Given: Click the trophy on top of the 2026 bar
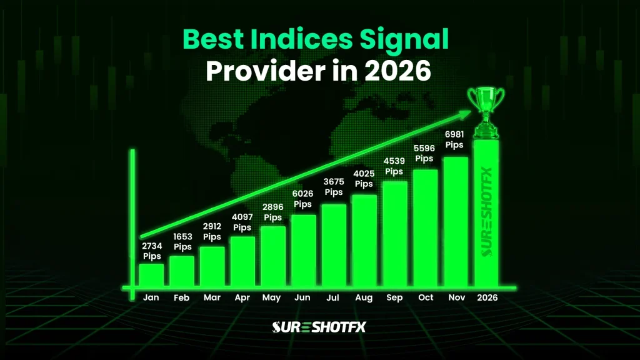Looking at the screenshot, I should click(486, 112).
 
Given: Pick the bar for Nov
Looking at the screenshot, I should click(456, 221).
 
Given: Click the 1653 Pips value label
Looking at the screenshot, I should click(182, 242).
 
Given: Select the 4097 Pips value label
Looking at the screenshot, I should click(242, 222).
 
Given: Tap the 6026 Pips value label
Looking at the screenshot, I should click(303, 199).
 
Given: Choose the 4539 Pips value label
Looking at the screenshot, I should click(394, 166).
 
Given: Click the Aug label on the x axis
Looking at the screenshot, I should click(364, 298).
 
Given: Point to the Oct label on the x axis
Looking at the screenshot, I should click(425, 298).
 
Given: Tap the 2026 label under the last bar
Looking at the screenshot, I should click(487, 298).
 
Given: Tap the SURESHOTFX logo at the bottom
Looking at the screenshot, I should click(319, 327).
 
